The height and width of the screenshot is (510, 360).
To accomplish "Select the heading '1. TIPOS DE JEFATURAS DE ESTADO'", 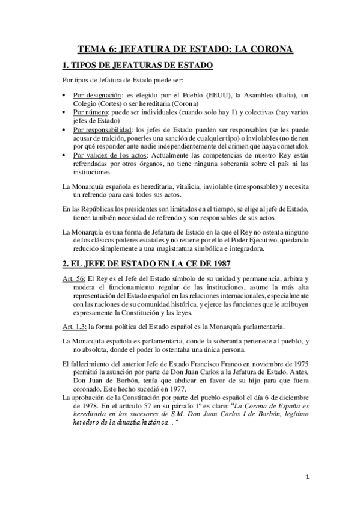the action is pyautogui.click(x=138, y=65).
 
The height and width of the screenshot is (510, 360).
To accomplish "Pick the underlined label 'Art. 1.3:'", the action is pyautogui.click(x=76, y=326).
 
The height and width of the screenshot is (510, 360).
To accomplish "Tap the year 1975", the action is pyautogui.click(x=299, y=364).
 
